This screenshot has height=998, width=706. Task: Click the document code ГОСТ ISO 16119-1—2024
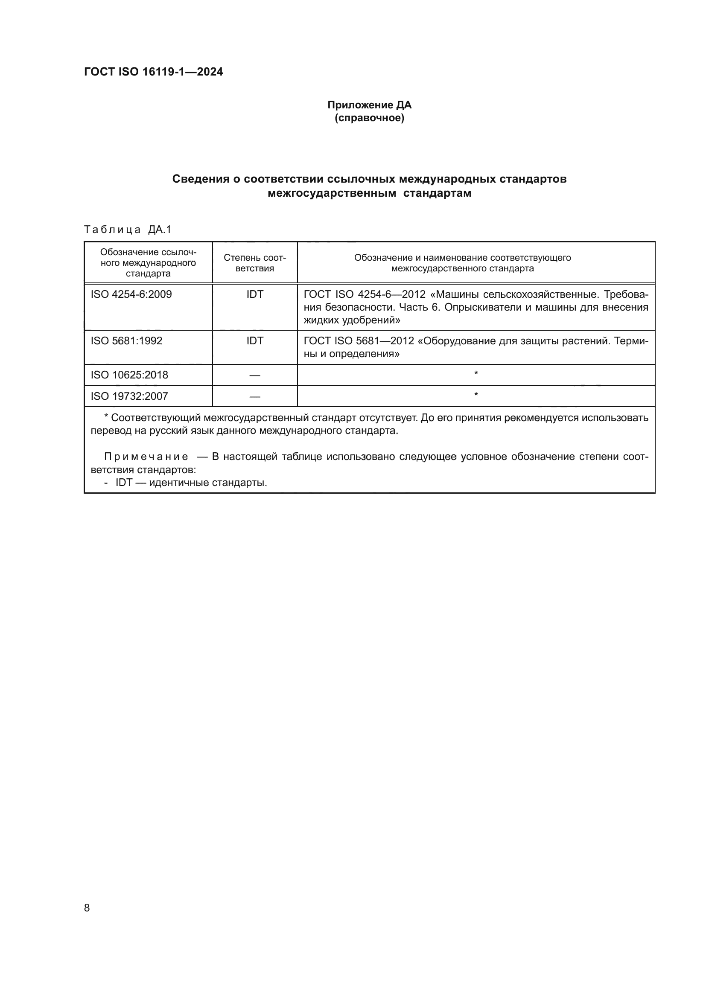[153, 72]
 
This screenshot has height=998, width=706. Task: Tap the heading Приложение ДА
[369, 105]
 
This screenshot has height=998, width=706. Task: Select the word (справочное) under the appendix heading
[369, 118]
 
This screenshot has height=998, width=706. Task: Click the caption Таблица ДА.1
[128, 230]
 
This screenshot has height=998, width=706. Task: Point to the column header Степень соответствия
[255, 263]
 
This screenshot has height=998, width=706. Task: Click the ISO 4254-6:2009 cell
[131, 294]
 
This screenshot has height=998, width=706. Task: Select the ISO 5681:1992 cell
[126, 341]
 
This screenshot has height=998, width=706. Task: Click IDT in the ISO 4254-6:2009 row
[255, 294]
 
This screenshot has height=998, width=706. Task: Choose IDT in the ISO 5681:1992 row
[255, 341]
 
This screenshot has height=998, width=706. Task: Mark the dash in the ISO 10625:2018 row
[255, 375]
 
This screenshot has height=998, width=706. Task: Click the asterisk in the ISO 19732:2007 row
[476, 395]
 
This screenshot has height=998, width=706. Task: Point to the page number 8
[87, 908]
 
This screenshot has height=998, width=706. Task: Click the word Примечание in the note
[146, 457]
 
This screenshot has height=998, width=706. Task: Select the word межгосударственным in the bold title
[332, 193]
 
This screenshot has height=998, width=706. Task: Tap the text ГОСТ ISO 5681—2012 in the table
[359, 341]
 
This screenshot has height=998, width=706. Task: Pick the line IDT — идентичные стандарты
[191, 483]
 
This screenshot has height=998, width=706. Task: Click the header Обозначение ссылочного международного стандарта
[148, 263]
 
